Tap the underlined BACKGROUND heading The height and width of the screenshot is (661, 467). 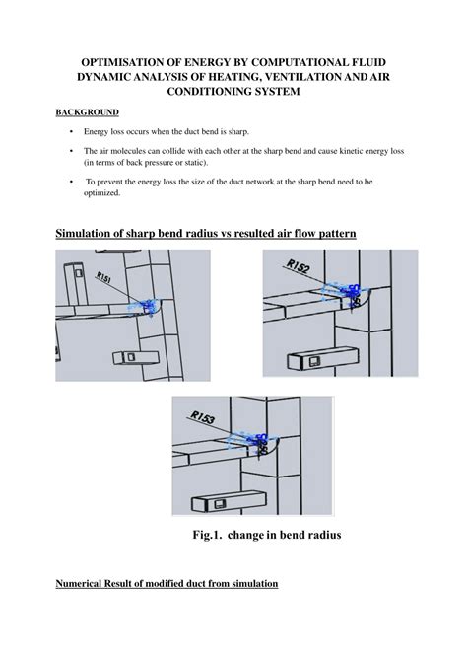pos(87,112)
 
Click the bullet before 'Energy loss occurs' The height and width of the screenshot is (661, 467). pos(72,131)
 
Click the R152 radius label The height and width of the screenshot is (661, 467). pos(300,266)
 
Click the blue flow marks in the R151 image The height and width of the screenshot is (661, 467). pos(146,308)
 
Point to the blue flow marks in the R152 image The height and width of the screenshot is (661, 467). pos(346,292)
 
